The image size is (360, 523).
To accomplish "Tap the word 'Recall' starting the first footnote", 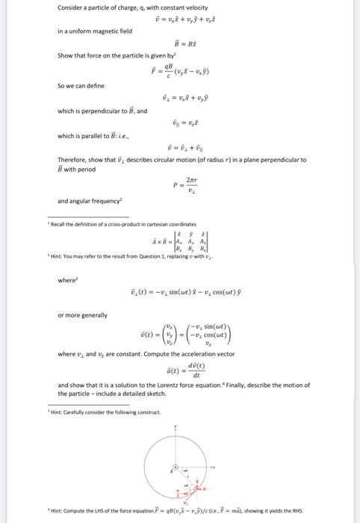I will [59, 224].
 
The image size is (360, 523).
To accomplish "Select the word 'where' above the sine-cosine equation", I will [66, 280].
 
